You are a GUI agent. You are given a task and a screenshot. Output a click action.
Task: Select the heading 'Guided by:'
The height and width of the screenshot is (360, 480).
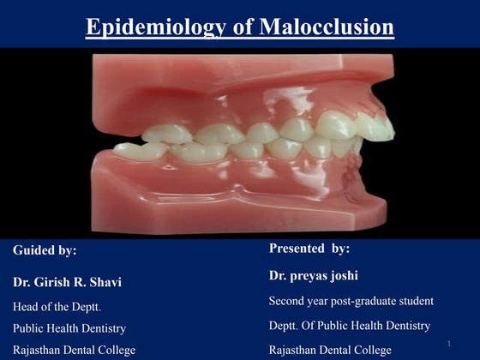pyautogui.click(x=45, y=250)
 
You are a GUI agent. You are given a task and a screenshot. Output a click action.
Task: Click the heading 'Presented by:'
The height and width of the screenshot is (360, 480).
pyautogui.click(x=309, y=249)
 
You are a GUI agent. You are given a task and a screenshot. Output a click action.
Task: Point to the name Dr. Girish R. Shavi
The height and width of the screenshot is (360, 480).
pyautogui.click(x=66, y=281)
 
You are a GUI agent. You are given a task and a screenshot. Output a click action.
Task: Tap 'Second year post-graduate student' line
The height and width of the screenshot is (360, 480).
pyautogui.click(x=351, y=301)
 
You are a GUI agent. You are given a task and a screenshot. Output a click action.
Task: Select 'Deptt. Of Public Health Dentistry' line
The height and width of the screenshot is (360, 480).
pyautogui.click(x=350, y=326)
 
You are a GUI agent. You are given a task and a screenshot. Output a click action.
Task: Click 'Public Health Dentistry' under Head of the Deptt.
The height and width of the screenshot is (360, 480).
pyautogui.click(x=69, y=328)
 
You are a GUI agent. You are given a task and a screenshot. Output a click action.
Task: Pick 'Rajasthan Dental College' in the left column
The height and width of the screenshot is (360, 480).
pyautogui.click(x=74, y=351)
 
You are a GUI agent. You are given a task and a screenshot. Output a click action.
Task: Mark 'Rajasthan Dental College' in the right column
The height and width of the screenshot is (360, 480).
pyautogui.click(x=330, y=351)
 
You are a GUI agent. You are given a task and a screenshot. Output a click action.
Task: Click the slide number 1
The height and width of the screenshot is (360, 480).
pyautogui.click(x=448, y=344)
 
